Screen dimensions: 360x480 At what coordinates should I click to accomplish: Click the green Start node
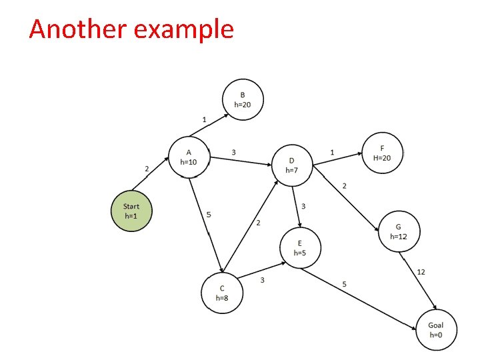(131, 211)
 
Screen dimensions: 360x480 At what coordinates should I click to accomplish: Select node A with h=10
(189, 157)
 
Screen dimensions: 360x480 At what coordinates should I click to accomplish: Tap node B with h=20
(243, 100)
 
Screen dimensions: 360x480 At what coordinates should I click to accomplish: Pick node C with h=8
(222, 293)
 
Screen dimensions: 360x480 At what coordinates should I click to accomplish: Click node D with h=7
(292, 165)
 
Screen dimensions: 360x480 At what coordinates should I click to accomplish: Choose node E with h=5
(300, 248)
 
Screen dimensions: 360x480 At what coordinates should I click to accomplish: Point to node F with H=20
(382, 152)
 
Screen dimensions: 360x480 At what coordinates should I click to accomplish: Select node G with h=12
(399, 231)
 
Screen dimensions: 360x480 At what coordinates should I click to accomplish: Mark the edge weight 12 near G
(421, 271)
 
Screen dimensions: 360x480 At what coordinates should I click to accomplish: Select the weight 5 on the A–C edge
(209, 215)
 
